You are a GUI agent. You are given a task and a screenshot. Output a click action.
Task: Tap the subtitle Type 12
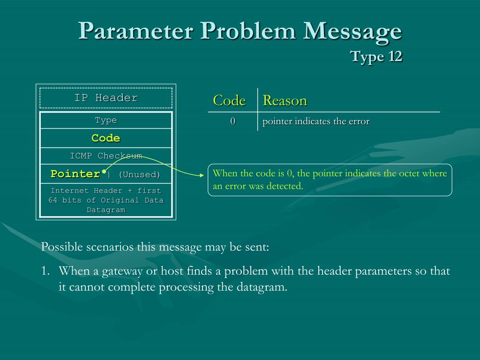coord(376,57)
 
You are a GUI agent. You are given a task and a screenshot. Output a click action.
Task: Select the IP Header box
coord(106,98)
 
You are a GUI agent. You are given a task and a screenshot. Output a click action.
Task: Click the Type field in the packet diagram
coord(106,120)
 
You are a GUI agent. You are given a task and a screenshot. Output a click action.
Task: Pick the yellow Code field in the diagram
coord(106,138)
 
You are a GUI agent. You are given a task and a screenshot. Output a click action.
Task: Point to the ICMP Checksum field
coord(106,156)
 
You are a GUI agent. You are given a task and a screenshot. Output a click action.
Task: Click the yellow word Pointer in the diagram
coord(75,174)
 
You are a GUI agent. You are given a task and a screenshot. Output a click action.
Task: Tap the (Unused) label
coord(139,175)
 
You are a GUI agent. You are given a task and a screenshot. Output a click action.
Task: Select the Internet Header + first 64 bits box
coord(106,200)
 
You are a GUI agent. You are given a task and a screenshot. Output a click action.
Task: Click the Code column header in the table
coord(229,100)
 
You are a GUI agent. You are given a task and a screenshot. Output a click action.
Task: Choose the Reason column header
coord(285,100)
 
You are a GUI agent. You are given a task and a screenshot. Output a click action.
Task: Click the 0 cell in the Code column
coord(232,121)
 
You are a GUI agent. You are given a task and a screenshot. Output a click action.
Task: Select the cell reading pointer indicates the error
coord(316,121)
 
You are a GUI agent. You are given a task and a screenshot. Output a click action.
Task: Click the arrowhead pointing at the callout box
coord(203,175)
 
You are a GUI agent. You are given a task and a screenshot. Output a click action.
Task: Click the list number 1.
coord(45,271)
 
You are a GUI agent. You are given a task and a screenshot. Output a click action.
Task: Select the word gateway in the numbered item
coord(103,271)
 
